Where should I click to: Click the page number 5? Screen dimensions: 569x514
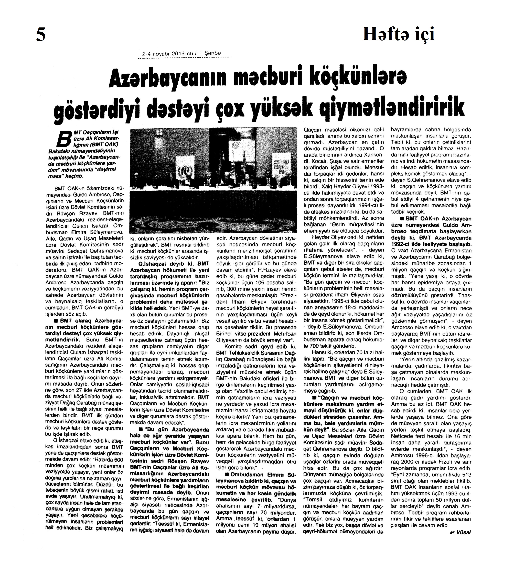pyautogui.click(x=41, y=35)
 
